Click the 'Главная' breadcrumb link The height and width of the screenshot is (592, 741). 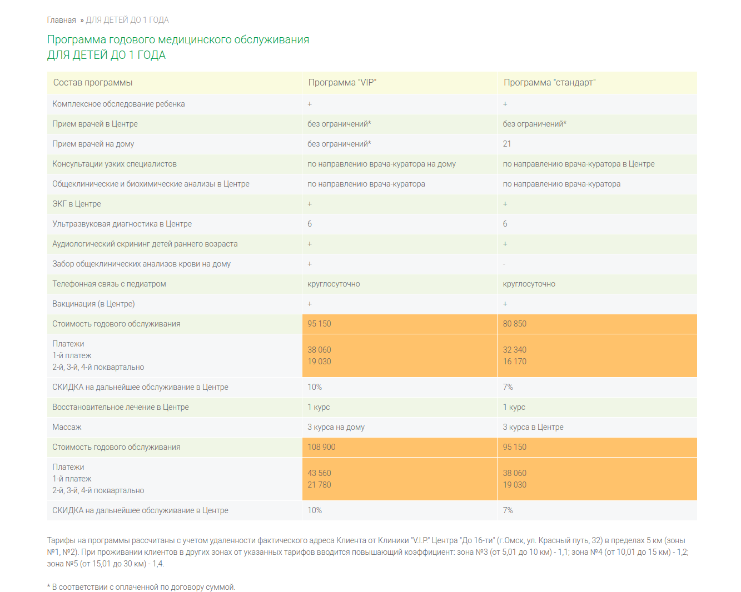click(x=61, y=20)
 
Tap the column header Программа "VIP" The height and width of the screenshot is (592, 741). click(x=342, y=83)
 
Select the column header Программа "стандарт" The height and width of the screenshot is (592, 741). click(x=549, y=83)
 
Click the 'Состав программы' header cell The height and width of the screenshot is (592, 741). click(x=93, y=83)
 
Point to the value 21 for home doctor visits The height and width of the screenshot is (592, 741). click(x=507, y=144)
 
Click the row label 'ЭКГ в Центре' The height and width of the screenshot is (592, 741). click(x=77, y=204)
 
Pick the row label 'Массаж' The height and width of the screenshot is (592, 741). click(x=67, y=427)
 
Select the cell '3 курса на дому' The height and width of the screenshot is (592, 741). click(x=336, y=427)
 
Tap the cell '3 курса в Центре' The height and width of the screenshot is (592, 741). click(x=533, y=427)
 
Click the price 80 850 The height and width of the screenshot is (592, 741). click(x=514, y=324)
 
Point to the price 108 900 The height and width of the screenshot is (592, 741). click(x=321, y=447)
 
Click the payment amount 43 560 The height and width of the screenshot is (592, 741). click(x=319, y=473)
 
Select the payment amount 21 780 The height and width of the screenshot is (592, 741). click(x=319, y=485)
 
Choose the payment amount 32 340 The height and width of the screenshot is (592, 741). click(x=514, y=350)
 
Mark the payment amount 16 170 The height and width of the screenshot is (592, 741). click(x=514, y=362)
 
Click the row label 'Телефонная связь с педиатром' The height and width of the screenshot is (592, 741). click(x=109, y=284)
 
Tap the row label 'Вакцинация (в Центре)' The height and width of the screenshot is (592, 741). click(x=93, y=304)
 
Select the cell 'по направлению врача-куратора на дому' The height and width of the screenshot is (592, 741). click(x=381, y=164)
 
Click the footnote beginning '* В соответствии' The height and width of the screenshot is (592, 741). click(x=141, y=587)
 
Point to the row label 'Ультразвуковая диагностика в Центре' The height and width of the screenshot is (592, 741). click(x=122, y=224)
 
